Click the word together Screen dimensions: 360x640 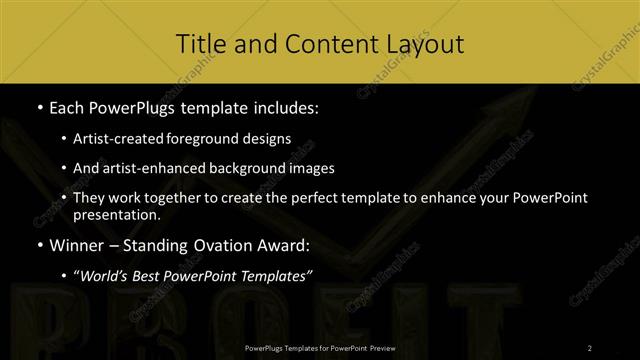(x=166, y=199)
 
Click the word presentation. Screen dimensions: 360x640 (x=116, y=215)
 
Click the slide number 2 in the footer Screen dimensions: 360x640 (x=589, y=348)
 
